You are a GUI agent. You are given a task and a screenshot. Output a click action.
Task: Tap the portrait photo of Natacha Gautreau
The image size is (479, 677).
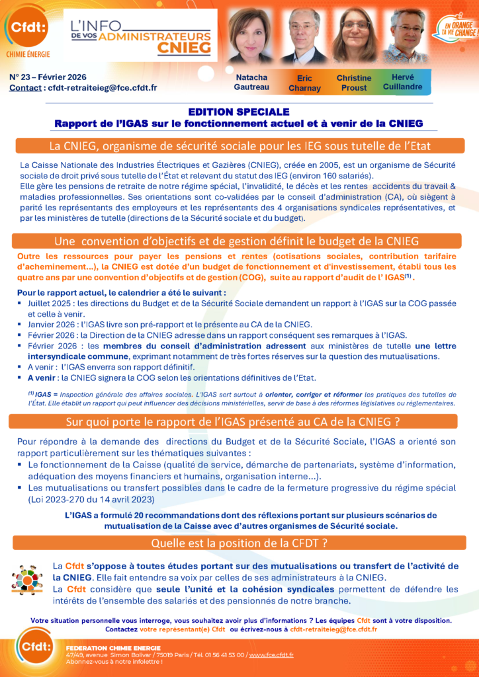coord(251,36)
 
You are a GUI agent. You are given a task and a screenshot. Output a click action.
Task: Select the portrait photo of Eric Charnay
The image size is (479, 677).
coord(304,37)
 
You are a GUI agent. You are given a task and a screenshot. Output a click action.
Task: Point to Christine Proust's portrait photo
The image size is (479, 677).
coord(355,37)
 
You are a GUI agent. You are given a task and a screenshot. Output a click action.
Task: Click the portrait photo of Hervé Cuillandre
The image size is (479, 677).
coord(406,37)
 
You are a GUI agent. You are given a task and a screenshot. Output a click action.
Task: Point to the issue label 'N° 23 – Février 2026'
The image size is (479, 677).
coord(48,77)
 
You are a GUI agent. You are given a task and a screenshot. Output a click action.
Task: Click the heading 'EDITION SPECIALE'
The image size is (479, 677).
coord(239,112)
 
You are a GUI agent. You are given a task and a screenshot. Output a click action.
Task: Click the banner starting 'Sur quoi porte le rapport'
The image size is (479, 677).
coord(239,421)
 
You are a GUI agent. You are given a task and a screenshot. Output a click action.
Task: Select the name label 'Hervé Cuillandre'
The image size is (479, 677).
coord(402,82)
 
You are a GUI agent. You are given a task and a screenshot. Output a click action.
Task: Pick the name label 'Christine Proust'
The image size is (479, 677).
coord(354,83)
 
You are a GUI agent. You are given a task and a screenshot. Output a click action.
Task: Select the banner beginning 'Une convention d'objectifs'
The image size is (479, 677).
coord(239,241)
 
